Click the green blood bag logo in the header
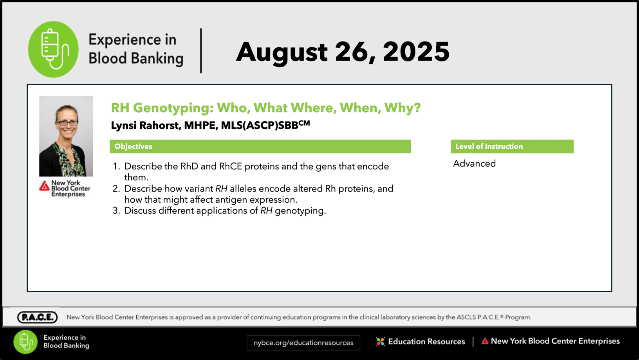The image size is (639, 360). click(53, 49)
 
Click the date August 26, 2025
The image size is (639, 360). click(343, 52)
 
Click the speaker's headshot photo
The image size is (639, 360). click(66, 136)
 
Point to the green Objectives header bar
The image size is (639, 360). click(260, 146)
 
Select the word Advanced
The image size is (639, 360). click(475, 164)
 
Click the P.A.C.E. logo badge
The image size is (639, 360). click(37, 317)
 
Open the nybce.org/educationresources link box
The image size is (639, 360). click(303, 343)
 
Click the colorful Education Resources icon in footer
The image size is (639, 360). click(381, 342)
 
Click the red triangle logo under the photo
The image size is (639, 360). click(44, 186)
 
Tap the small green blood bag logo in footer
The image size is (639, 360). click(25, 342)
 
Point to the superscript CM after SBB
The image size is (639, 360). click(304, 123)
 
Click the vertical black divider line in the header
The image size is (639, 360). click(201, 51)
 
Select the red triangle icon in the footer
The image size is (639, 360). click(485, 341)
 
